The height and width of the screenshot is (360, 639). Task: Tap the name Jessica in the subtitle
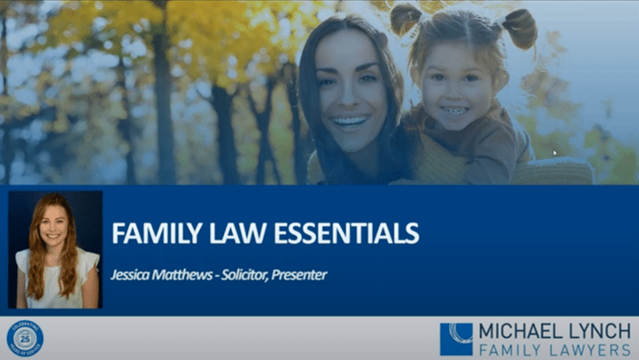[x=133, y=275]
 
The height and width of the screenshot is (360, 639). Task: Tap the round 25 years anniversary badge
[x=24, y=338]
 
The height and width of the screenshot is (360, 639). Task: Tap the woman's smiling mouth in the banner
[x=349, y=122]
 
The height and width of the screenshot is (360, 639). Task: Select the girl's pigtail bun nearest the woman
[x=406, y=19]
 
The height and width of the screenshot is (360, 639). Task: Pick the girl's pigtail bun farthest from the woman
[x=520, y=26]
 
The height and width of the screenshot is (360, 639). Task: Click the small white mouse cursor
[x=555, y=153]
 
